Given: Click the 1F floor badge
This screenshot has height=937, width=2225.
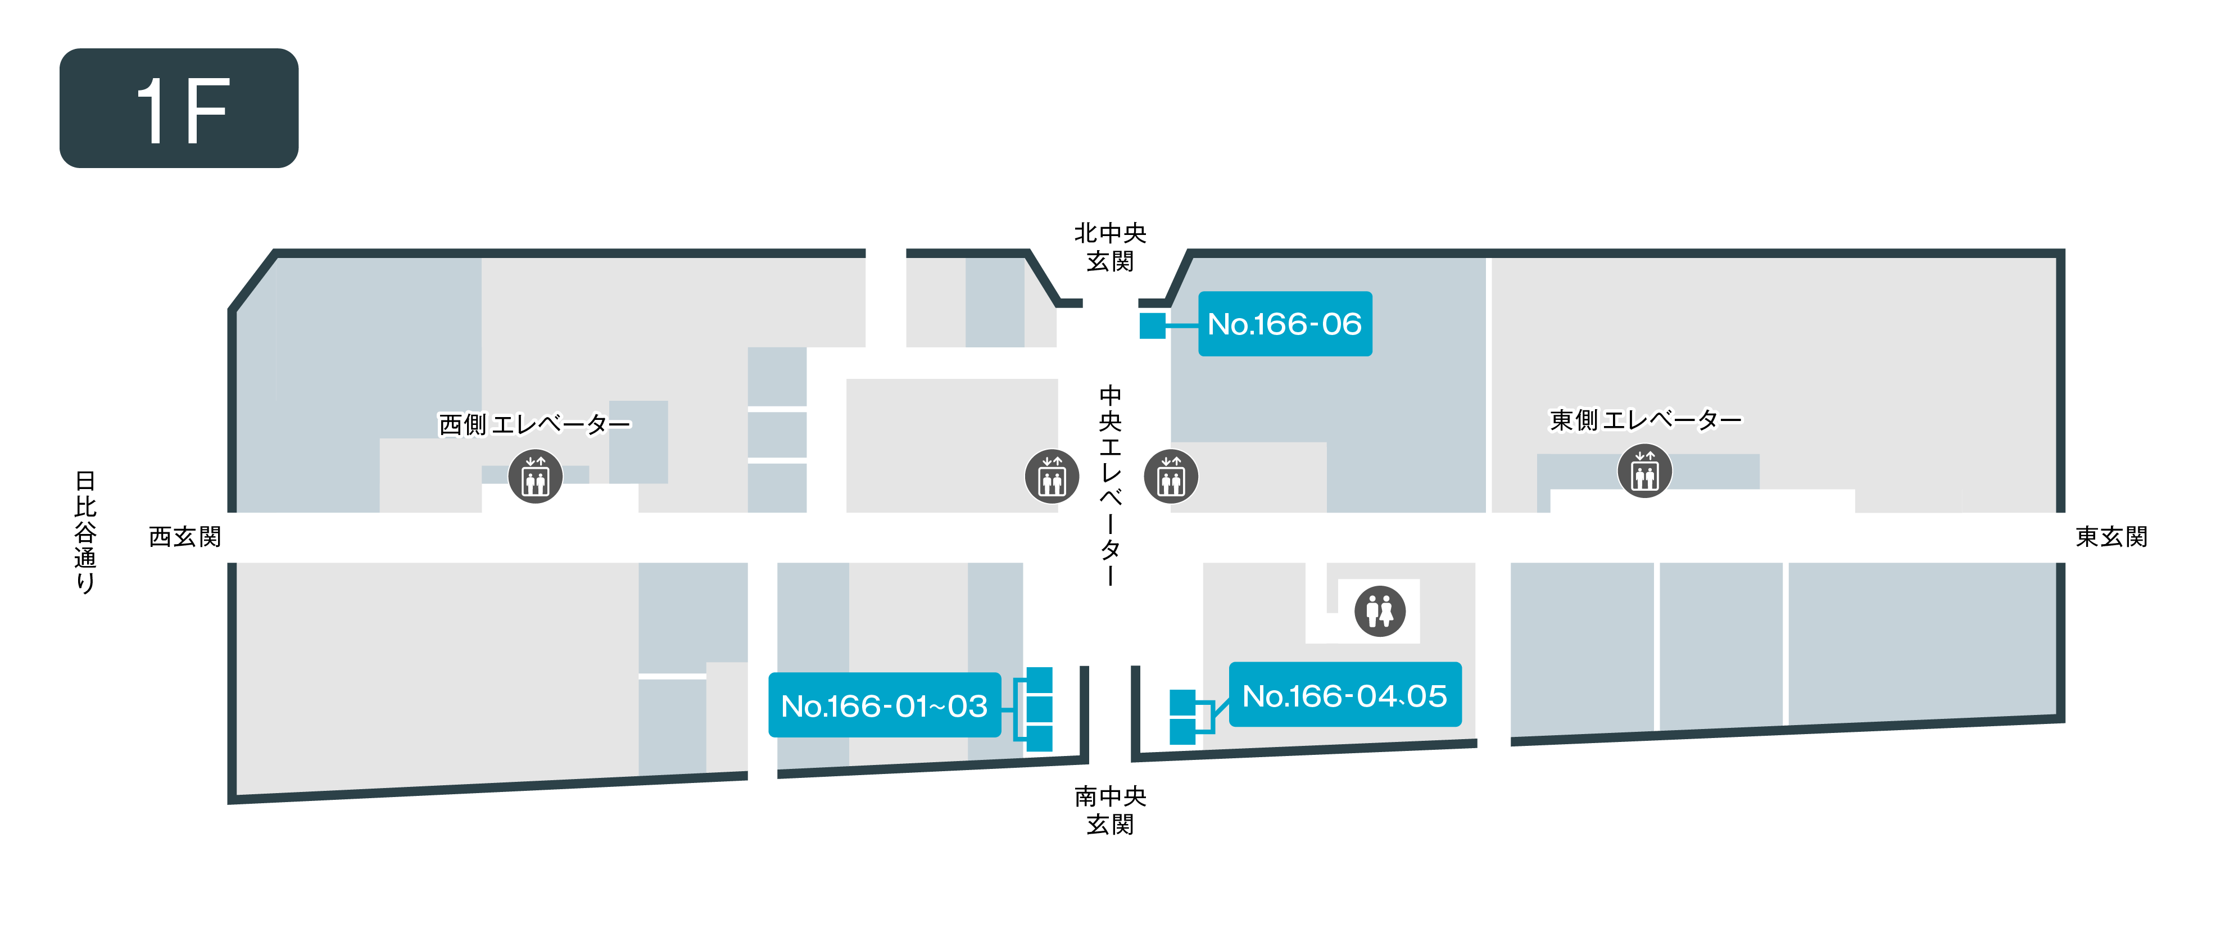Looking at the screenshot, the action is coord(179,108).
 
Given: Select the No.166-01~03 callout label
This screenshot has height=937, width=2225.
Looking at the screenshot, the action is coord(885,705).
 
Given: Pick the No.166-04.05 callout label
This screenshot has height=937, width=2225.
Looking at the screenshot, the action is coord(1345,695).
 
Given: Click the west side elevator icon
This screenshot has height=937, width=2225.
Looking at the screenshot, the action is coord(536,476).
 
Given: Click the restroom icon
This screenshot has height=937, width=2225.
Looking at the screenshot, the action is coord(1380,612).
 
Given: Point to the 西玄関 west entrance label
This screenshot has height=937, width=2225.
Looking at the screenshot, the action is coord(185,537).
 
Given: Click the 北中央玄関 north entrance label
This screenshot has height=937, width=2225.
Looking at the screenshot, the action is coord(1110,247).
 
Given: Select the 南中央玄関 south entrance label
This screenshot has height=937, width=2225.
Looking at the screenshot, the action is coord(1110,810).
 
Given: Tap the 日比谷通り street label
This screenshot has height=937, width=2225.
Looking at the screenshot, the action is coord(85,532).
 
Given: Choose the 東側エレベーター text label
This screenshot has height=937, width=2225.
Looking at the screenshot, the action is coord(1646,420).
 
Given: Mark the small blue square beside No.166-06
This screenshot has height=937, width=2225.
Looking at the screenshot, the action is coord(1152,325).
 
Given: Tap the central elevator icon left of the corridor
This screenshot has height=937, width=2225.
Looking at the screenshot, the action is coord(1052,476).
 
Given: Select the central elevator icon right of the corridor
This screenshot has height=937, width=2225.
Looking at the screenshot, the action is coord(1171,476).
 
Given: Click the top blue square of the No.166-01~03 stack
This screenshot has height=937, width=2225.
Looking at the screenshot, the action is coord(1039,680).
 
